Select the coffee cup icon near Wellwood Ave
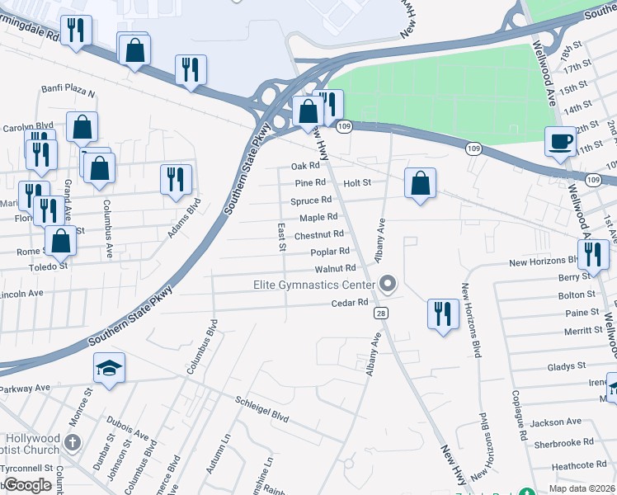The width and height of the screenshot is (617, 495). coord(561,141)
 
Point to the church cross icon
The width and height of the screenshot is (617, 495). coord(72,443)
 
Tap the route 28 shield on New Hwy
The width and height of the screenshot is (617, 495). coord(381,313)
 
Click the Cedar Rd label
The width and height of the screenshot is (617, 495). coord(350,303)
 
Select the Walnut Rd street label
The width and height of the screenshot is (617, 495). coord(335,269)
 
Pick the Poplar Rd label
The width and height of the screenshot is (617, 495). coord(330,252)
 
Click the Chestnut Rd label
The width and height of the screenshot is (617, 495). coord(319,235)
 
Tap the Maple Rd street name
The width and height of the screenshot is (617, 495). coord(318,218)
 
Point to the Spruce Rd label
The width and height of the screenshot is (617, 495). coord(311,200)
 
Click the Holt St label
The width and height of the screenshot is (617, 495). coord(358,183)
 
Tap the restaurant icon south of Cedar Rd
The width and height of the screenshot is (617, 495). coord(443,313)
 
